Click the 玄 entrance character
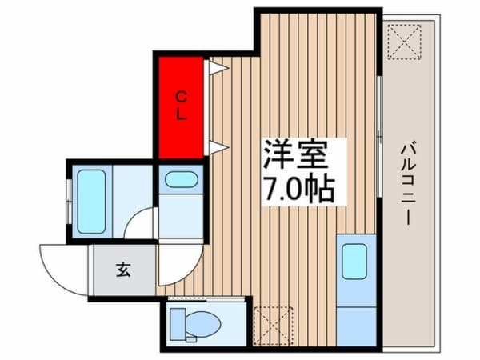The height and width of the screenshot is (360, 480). (x=125, y=270)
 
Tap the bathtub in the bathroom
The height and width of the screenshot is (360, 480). (x=91, y=201)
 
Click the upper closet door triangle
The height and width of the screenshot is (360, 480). (x=216, y=68)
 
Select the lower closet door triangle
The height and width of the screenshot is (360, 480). (x=216, y=146)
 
